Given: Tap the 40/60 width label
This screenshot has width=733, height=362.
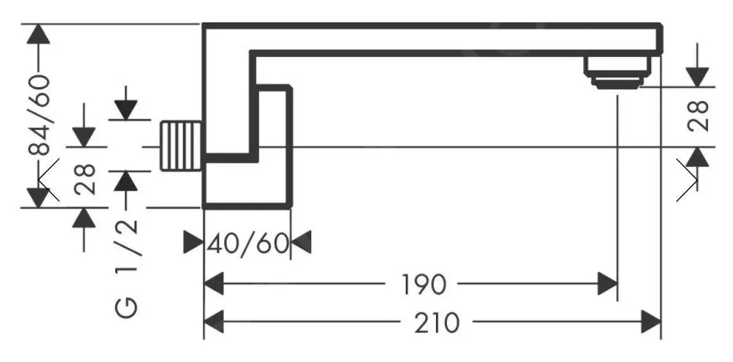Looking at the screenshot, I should (247, 243).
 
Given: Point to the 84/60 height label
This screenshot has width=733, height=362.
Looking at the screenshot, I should (40, 115).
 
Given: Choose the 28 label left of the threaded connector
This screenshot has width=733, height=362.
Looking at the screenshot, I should (85, 178).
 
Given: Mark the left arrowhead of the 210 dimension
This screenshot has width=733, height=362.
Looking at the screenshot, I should (214, 322).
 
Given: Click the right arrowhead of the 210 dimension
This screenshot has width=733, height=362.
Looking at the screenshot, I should (650, 322).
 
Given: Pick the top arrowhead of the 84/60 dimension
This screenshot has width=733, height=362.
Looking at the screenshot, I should (40, 35).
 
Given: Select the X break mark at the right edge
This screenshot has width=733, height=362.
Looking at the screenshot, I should (688, 180).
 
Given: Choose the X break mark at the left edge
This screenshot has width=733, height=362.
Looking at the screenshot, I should (49, 180).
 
